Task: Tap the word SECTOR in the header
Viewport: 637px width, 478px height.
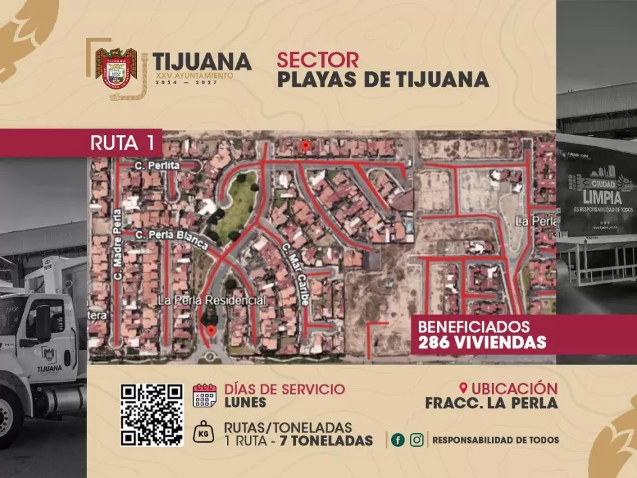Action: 318,60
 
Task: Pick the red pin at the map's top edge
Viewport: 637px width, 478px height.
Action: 306,145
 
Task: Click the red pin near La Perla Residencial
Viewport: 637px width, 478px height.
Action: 211,330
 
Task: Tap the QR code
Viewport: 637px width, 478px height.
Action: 152,414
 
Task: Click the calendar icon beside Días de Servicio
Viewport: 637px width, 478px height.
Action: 204,395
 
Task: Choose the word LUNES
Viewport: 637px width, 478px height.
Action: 245,402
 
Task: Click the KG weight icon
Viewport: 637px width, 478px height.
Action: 204,433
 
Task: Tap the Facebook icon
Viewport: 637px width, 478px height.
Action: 398,439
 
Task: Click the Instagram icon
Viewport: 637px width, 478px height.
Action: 417,439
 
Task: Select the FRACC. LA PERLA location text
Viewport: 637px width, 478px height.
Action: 491,403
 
